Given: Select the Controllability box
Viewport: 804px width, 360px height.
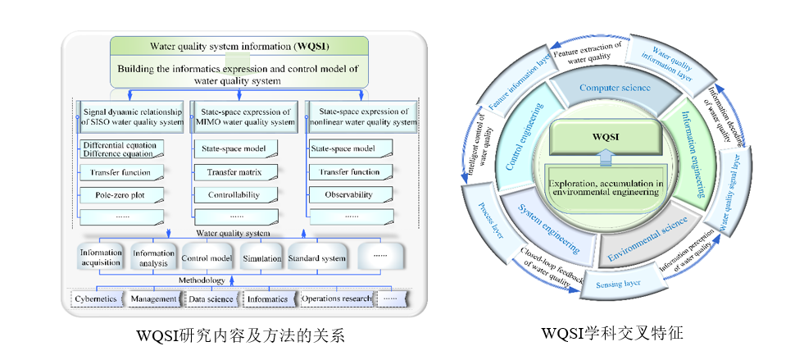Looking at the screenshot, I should click(x=233, y=196).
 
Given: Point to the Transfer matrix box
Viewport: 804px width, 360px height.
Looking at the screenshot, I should click(x=233, y=173).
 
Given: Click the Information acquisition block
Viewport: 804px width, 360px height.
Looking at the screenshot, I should click(x=101, y=258).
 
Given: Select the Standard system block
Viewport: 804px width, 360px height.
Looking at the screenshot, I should click(x=316, y=258).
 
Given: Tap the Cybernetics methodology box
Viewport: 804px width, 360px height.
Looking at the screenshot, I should click(x=96, y=299).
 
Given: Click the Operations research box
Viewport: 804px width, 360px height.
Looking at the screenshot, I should click(x=336, y=299).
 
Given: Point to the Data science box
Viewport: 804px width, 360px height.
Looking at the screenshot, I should click(x=211, y=299).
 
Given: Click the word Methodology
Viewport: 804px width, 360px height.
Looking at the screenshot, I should click(x=202, y=280).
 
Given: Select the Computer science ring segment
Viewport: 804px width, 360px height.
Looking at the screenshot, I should click(x=615, y=88).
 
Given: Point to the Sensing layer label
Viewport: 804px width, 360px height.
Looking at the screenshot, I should click(x=621, y=284).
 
